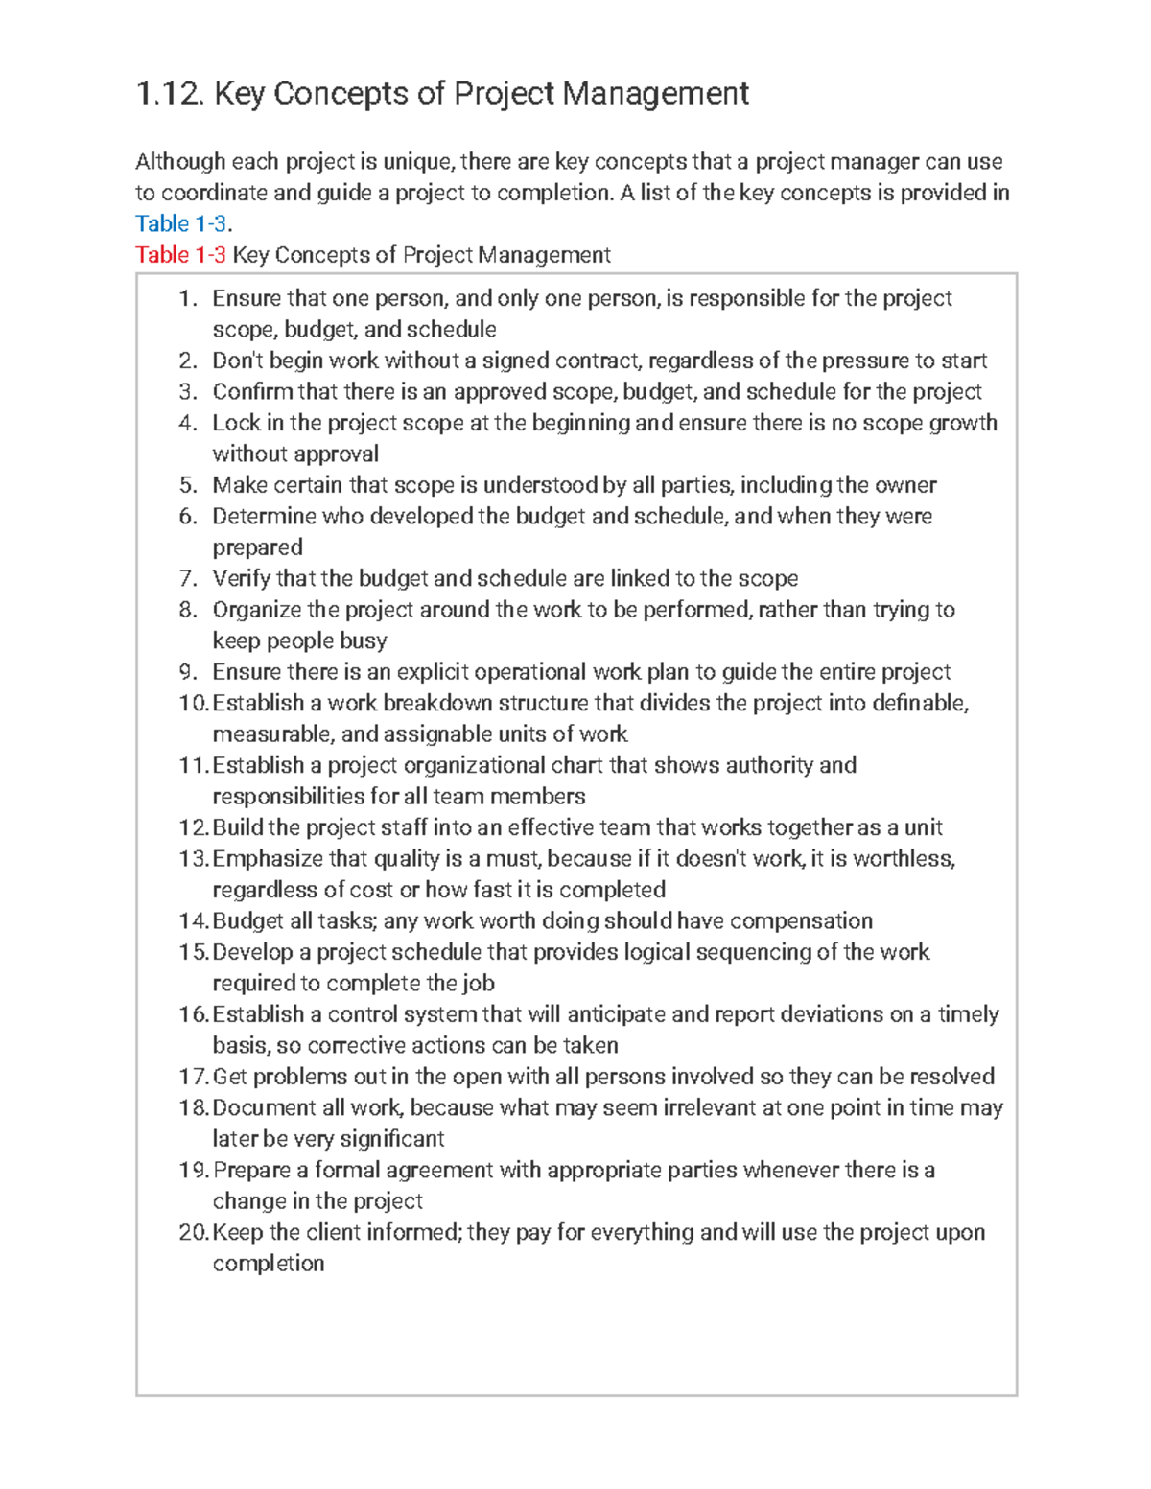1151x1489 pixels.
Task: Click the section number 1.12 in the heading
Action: pyautogui.click(x=170, y=94)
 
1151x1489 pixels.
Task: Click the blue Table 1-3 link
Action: pyautogui.click(x=181, y=224)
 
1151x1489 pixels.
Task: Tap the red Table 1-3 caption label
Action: pyautogui.click(x=181, y=255)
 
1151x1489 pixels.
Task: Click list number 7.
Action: pyautogui.click(x=188, y=578)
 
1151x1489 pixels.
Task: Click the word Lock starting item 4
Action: pyautogui.click(x=236, y=423)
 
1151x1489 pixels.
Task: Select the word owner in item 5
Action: pyautogui.click(x=906, y=485)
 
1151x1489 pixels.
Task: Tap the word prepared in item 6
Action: pyautogui.click(x=257, y=547)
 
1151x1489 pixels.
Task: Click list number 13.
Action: pyautogui.click(x=193, y=858)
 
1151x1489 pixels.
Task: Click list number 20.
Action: pyautogui.click(x=193, y=1232)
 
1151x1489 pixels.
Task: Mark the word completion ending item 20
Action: pyautogui.click(x=269, y=1264)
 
